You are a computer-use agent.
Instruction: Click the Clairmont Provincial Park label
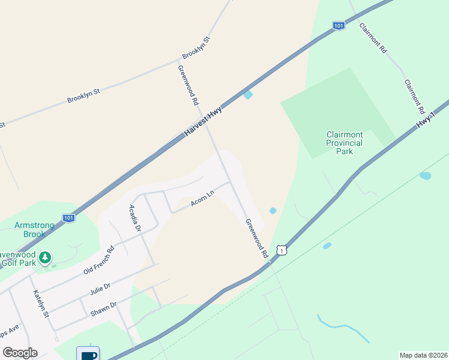click(344, 143)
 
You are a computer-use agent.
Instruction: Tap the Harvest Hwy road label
click(203, 121)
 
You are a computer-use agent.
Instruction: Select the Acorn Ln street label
click(202, 199)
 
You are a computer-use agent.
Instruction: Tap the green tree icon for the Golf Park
click(44, 258)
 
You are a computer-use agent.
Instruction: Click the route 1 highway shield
click(281, 250)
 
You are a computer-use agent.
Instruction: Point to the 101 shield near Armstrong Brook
click(69, 218)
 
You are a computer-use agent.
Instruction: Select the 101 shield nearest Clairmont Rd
click(339, 26)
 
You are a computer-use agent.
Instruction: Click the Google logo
click(20, 353)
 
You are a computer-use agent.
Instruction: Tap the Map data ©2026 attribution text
click(423, 355)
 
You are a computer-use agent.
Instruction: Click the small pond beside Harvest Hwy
click(248, 95)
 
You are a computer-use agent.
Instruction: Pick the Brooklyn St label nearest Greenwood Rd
click(197, 48)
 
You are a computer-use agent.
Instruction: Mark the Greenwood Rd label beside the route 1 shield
click(256, 238)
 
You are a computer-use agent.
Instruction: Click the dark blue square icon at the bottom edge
click(88, 354)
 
